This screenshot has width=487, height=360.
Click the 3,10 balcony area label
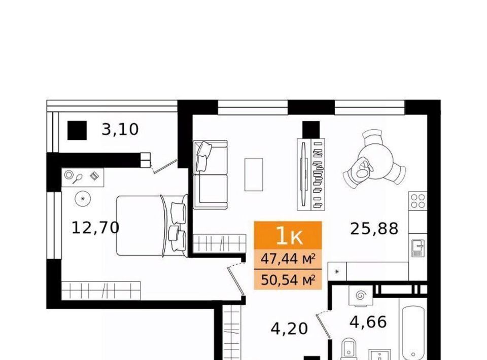point(120,129)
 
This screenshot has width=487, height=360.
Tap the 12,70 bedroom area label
point(95,228)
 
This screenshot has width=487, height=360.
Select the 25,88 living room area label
point(374,229)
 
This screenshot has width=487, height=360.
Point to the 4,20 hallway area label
point(289,329)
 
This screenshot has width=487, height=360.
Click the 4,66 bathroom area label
point(368,322)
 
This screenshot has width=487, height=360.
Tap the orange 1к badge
point(288,235)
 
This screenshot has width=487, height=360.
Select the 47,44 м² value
point(288,258)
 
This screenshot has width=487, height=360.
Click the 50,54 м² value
point(288,280)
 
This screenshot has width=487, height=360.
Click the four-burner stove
point(418,200)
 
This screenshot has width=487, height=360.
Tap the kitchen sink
point(418,247)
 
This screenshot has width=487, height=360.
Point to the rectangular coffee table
point(254,174)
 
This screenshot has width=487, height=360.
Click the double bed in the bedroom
point(152,226)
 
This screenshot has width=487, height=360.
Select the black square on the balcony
point(77,130)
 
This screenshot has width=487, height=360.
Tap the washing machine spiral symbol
point(361,296)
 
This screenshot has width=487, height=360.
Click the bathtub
point(413,333)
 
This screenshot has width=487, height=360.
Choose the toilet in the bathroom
point(349,349)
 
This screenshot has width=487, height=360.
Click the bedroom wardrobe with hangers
point(101,291)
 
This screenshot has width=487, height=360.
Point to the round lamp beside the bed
point(83,199)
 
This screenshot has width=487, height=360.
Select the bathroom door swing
point(324,325)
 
